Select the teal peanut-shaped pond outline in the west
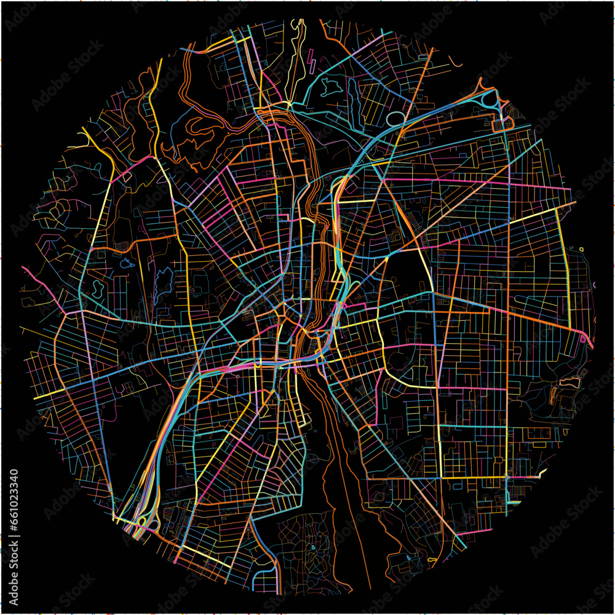pos(97,288)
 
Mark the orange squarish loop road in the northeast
pos(504,123)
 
